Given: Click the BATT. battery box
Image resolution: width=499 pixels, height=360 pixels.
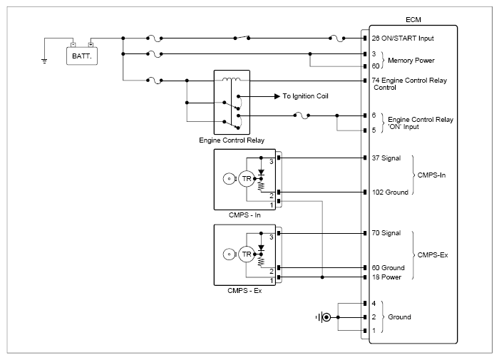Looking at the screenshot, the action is (82, 56).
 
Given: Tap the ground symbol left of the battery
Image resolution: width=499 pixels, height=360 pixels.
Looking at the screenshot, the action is (44, 61).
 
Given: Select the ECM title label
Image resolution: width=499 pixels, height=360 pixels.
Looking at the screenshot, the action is (413, 20).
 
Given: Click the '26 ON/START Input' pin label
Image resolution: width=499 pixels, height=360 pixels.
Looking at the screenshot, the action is (403, 38).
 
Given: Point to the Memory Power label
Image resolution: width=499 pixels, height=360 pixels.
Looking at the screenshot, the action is (411, 60).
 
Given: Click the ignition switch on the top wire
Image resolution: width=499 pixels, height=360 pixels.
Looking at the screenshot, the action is (242, 38).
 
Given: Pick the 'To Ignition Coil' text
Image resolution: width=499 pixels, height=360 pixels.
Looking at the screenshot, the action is (305, 96).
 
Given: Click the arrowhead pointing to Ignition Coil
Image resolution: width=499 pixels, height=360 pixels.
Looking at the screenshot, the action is (277, 96).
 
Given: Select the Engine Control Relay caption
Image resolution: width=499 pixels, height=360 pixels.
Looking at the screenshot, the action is (232, 140).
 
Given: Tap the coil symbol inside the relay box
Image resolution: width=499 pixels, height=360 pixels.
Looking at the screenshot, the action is (232, 79).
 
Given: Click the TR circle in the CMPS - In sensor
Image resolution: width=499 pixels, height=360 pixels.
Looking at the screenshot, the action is (247, 178).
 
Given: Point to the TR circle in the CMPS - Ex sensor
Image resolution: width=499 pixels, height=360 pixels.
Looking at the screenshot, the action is (247, 254).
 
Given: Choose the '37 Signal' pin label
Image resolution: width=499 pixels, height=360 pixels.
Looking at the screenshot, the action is (386, 158).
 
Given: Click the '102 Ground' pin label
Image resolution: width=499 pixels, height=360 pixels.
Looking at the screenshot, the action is (390, 192).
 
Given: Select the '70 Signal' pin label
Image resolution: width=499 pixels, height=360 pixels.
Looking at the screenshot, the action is (386, 233).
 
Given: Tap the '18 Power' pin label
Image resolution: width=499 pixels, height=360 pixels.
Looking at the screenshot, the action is (386, 277).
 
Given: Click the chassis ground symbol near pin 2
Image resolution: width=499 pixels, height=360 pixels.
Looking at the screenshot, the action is (324, 317).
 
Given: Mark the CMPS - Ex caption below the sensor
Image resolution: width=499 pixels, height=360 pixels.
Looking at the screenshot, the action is (245, 291).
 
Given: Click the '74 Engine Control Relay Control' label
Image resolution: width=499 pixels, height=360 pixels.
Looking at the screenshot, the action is (409, 83).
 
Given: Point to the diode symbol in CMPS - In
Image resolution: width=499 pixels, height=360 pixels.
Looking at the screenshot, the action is (261, 173).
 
